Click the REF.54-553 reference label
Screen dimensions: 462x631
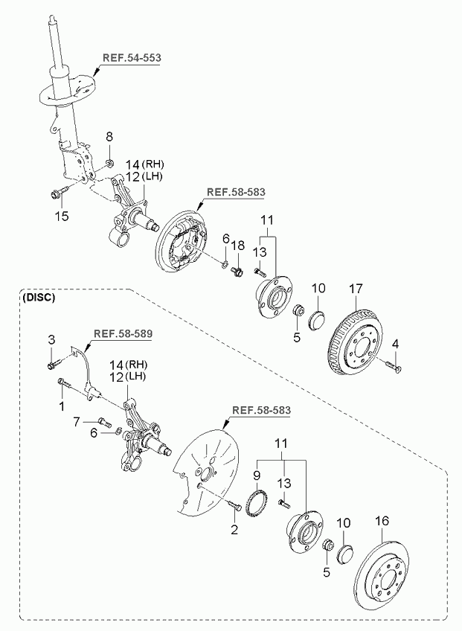click(132, 57)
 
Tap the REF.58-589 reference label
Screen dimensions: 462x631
click(123, 333)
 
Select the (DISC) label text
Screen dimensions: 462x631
click(38, 298)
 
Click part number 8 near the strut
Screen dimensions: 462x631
click(109, 136)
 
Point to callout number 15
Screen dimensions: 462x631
click(62, 216)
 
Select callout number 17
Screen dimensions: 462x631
click(356, 289)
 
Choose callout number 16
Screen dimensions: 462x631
click(382, 521)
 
